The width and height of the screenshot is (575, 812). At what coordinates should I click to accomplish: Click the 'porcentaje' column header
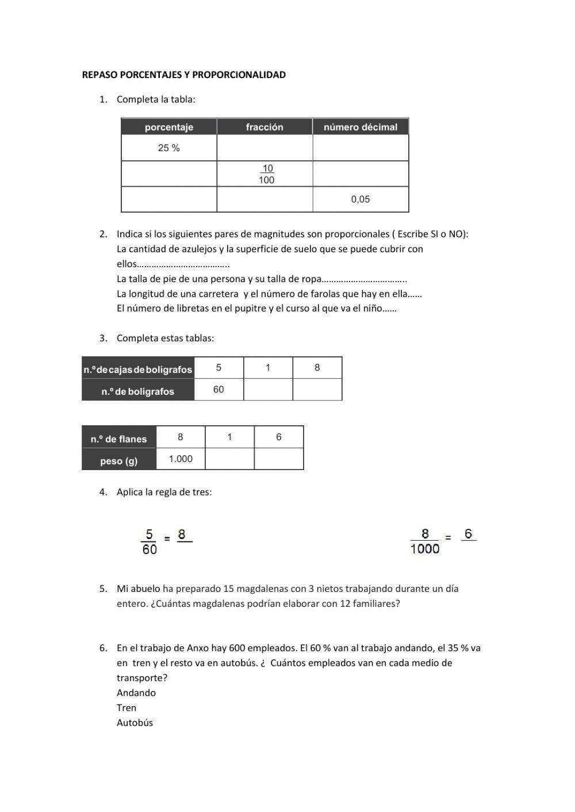(x=168, y=127)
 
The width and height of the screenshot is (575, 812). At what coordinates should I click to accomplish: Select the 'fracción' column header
(x=264, y=127)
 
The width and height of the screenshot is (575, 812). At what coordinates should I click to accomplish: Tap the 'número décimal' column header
(x=361, y=127)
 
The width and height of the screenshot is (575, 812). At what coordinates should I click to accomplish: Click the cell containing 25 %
(x=169, y=148)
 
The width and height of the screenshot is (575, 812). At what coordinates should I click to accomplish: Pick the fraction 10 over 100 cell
(x=266, y=174)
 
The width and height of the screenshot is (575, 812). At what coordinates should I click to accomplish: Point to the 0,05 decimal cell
(x=361, y=199)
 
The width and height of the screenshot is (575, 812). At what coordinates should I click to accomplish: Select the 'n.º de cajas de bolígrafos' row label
(x=138, y=370)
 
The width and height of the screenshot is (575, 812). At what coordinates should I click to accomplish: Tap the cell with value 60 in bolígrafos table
(x=218, y=390)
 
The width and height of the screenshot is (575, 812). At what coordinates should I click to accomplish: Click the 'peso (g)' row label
(x=119, y=461)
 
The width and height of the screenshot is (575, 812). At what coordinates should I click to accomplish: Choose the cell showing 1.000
(x=181, y=459)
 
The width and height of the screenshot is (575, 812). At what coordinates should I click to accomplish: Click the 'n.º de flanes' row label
(x=119, y=439)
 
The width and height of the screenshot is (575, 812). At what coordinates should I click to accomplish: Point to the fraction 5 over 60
(x=149, y=542)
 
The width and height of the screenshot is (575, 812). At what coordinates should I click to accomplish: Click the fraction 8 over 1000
(x=425, y=542)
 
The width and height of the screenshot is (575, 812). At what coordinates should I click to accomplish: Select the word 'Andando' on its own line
(x=136, y=693)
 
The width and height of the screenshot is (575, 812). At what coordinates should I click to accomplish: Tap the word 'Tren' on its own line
(x=126, y=708)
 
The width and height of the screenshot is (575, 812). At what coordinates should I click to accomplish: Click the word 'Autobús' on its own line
(x=135, y=723)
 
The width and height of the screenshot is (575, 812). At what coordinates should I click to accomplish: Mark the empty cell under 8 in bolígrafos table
(x=317, y=390)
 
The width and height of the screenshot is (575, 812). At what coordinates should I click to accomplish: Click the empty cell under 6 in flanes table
(x=279, y=459)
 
